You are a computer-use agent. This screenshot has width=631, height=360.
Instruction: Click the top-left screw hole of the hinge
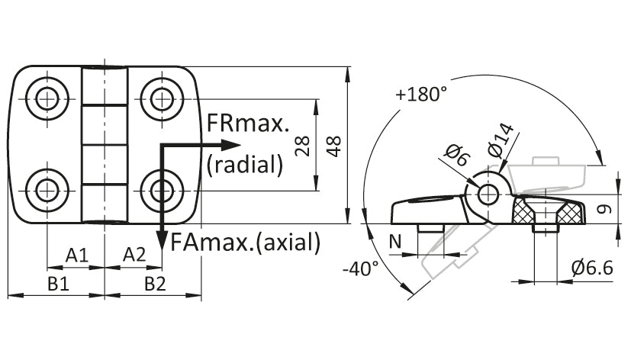(47, 98)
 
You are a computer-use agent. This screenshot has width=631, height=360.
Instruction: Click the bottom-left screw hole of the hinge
(47, 190)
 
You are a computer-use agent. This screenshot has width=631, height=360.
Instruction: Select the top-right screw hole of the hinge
(163, 98)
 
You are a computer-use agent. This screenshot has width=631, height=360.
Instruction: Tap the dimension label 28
(302, 146)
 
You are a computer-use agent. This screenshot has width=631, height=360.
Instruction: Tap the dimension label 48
(334, 146)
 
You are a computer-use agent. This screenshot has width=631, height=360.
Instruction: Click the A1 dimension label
(77, 255)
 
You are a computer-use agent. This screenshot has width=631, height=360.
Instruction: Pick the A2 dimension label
(134, 255)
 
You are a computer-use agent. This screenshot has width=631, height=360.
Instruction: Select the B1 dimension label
(59, 284)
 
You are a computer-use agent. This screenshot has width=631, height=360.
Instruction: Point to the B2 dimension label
(156, 284)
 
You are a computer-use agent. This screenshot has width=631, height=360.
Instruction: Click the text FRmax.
(248, 124)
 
